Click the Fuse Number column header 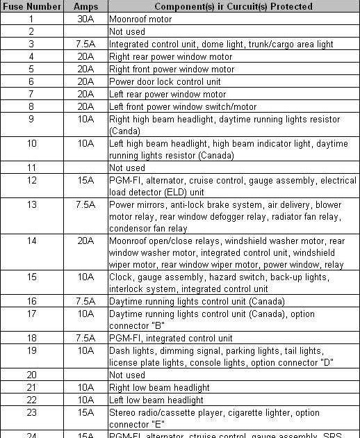tap(31, 6)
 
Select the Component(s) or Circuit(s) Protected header tap(233, 6)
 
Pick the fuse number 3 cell tap(31, 44)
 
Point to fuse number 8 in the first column tap(31, 106)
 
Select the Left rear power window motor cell tap(167, 94)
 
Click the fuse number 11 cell tap(31, 168)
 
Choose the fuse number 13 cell tap(31, 205)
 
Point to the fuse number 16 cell tap(31, 301)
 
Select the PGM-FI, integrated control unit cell tap(170, 338)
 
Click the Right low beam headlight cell tap(159, 387)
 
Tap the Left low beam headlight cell tap(156, 400)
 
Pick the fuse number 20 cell tap(31, 375)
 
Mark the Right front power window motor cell tap(172, 69)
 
